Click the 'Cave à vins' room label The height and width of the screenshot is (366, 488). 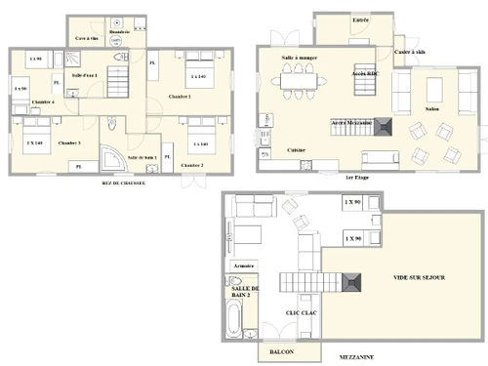pos(87,38)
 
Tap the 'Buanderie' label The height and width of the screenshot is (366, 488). pos(121,31)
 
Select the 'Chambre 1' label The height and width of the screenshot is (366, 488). pos(179,97)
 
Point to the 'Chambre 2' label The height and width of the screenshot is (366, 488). pos(192,165)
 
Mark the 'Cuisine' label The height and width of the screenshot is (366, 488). pos(297,150)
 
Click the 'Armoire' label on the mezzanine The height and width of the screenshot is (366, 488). pos(243,264)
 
